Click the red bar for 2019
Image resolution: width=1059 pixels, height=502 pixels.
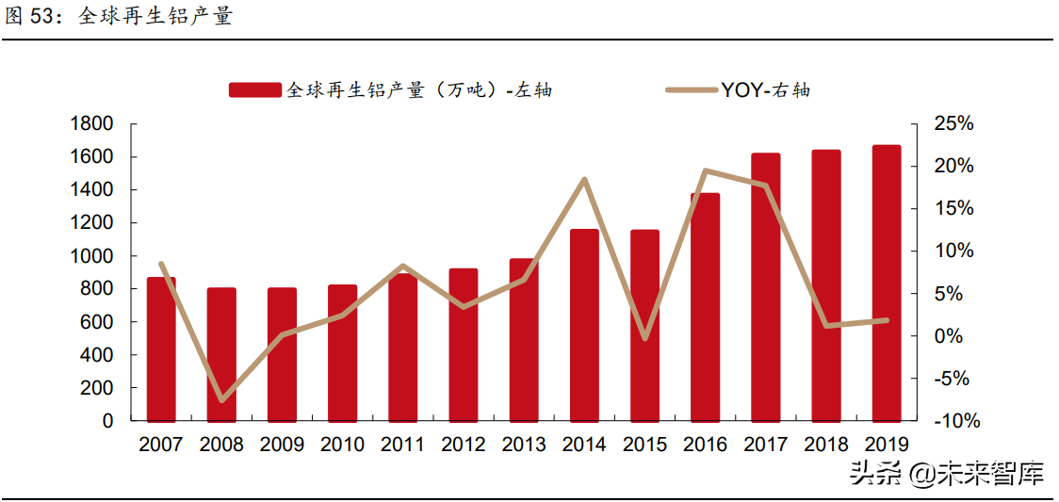[887, 283]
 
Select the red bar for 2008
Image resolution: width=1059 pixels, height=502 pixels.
[221, 354]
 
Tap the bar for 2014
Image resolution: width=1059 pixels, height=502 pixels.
[584, 325]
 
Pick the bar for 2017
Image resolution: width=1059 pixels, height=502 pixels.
[766, 286]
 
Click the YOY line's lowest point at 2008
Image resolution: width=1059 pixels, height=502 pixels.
[222, 400]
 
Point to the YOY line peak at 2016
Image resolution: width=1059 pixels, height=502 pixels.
[706, 171]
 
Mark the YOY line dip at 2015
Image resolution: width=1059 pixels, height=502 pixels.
[644, 338]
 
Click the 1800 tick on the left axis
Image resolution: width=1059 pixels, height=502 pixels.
[91, 124]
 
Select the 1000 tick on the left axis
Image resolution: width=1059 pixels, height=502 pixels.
[91, 256]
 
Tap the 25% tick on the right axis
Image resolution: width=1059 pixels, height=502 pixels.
[953, 124]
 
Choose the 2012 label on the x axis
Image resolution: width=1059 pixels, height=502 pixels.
[464, 445]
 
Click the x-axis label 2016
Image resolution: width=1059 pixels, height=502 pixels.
[706, 445]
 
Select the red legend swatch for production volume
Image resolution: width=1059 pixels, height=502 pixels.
[254, 90]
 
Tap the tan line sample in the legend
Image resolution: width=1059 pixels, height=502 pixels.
[692, 90]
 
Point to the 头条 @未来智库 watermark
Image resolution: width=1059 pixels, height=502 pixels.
[947, 473]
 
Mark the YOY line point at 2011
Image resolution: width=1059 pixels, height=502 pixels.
[403, 267]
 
